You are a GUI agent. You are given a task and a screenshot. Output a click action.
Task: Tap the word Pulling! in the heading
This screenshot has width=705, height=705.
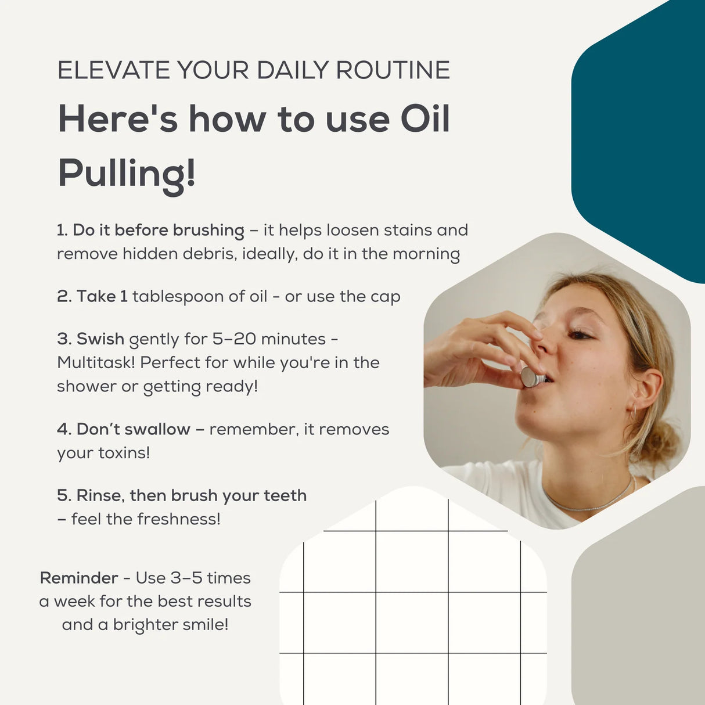127,173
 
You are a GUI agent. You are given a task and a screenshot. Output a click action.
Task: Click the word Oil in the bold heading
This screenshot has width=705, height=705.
425,119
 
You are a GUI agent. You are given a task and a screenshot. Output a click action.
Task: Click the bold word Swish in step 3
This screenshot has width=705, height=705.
100,339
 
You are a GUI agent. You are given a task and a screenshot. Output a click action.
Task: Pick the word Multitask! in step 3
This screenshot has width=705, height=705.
96,363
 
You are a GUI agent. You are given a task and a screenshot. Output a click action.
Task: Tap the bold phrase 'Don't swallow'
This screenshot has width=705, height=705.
133,430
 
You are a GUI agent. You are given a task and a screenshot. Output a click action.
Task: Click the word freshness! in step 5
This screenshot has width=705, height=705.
178,519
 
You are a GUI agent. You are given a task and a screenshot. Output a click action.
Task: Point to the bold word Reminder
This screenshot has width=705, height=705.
79,578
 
